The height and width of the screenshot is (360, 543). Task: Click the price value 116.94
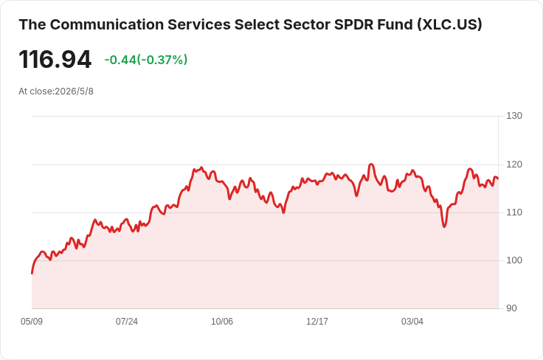(55, 60)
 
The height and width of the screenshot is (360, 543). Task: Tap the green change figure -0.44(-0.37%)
(146, 60)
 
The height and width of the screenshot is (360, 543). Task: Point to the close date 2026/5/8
(74, 91)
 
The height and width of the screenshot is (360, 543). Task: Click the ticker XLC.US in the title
(449, 24)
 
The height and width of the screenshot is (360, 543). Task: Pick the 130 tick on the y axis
(514, 116)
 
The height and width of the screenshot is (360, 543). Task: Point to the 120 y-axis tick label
(514, 165)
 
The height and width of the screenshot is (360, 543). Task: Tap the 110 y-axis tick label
(514, 212)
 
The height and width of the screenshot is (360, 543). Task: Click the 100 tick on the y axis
(514, 260)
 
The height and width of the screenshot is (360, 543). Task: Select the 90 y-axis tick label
(511, 308)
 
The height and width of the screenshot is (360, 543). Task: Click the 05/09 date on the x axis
(32, 322)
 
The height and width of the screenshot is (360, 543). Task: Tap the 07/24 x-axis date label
(127, 322)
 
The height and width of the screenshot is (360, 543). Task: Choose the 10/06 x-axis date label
(222, 322)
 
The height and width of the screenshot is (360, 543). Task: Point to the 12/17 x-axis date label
(317, 322)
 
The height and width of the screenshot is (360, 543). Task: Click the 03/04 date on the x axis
(412, 322)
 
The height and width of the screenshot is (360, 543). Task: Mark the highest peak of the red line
(371, 164)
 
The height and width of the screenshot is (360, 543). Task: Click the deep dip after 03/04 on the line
(444, 226)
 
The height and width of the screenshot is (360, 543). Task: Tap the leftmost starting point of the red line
(32, 274)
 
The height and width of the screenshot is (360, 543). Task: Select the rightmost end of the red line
(498, 179)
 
